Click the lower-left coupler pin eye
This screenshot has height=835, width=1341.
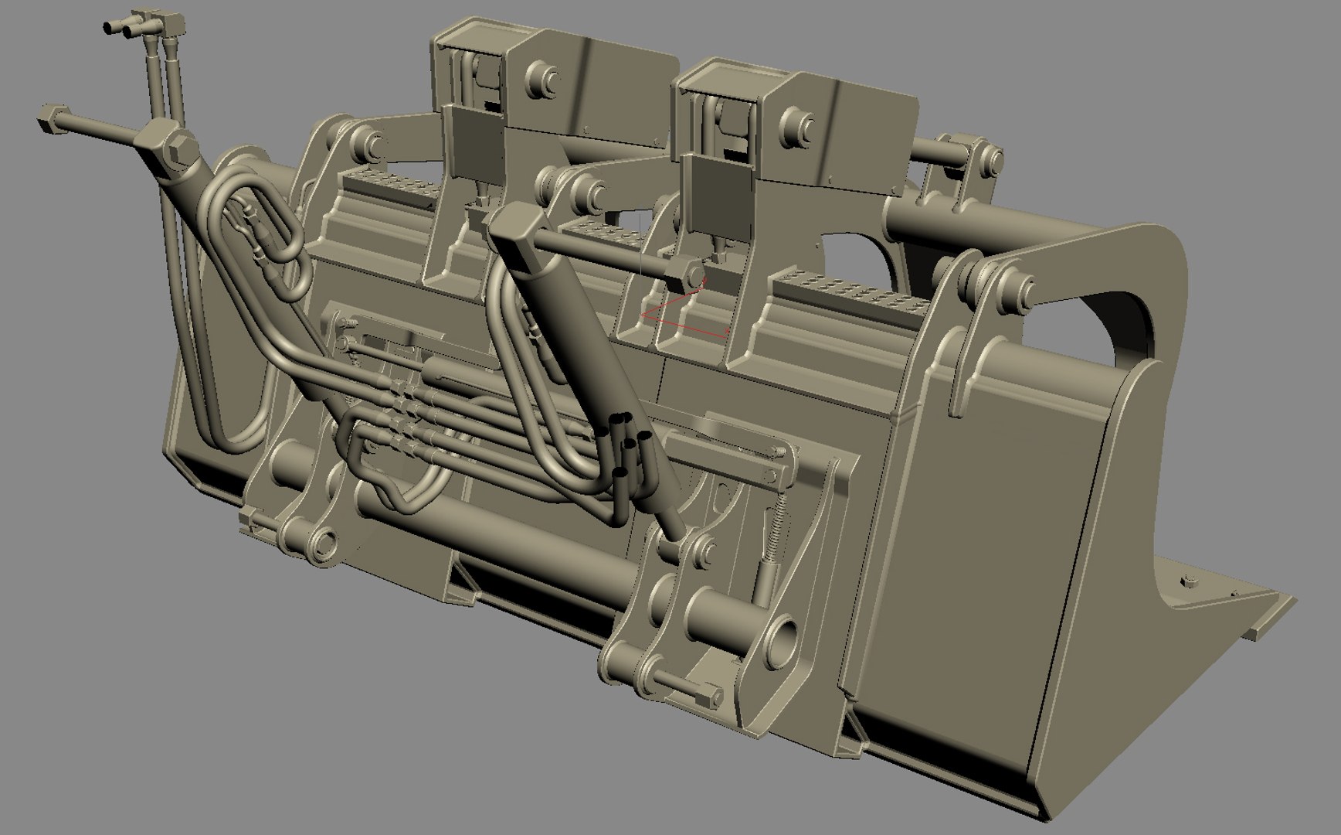coord(320,541)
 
